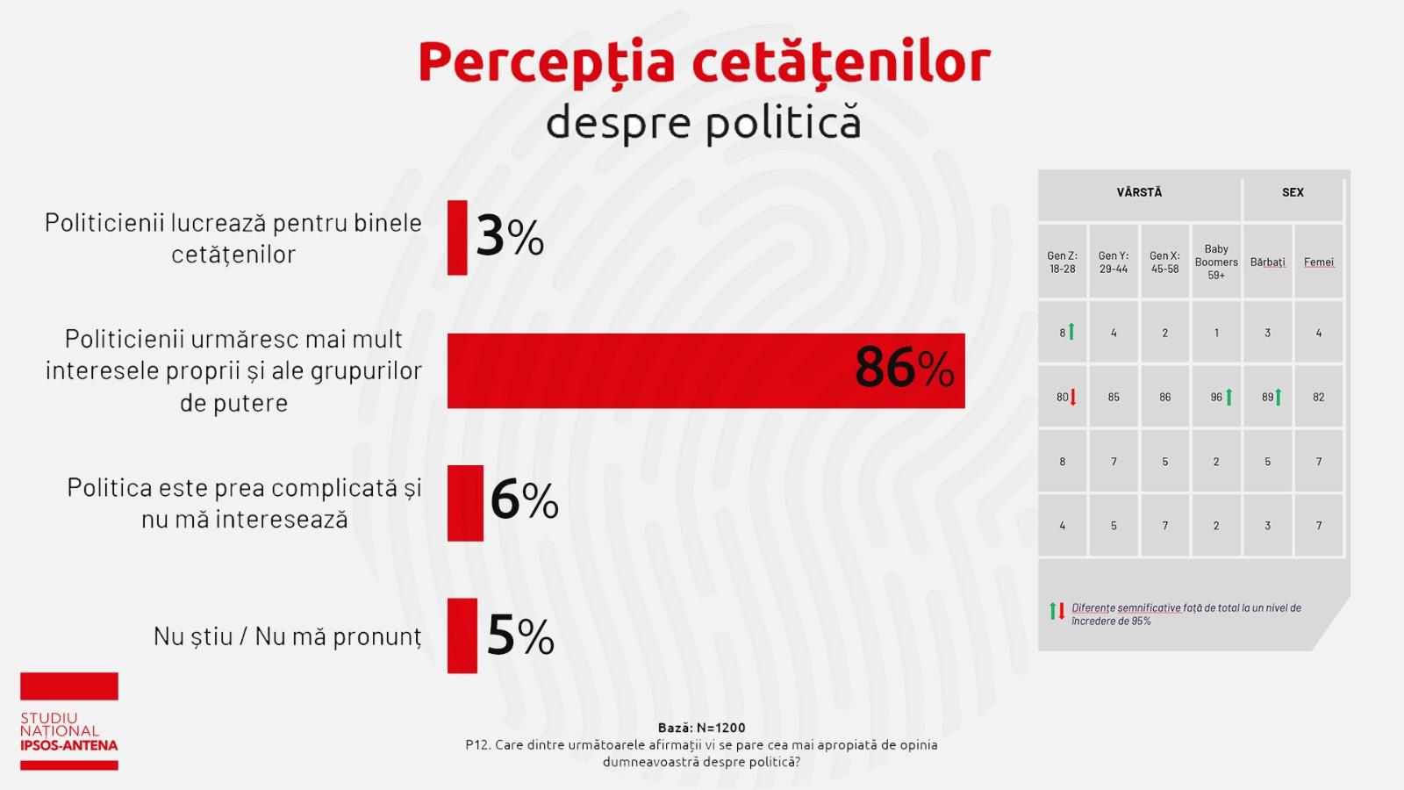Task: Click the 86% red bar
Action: click(649, 370)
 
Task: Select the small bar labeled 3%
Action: click(457, 238)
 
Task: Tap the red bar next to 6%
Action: click(465, 503)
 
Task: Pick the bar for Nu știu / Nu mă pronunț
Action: click(462, 636)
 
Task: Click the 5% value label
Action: click(520, 636)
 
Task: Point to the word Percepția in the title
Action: click(546, 63)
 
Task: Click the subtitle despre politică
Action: click(703, 123)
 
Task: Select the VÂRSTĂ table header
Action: click(1139, 193)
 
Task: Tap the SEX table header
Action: click(1293, 193)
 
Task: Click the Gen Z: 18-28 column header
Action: click(1063, 262)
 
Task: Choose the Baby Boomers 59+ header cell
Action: click(1216, 262)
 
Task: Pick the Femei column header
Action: click(1318, 262)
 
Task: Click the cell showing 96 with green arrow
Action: click(1216, 398)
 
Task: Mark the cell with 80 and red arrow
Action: click(1063, 398)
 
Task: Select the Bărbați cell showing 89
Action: click(1267, 398)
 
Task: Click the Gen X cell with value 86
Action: click(1164, 398)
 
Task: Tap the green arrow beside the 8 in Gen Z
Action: click(1071, 332)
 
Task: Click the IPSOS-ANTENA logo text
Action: click(68, 745)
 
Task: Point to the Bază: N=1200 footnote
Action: click(701, 728)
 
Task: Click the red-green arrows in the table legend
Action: click(1057, 611)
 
